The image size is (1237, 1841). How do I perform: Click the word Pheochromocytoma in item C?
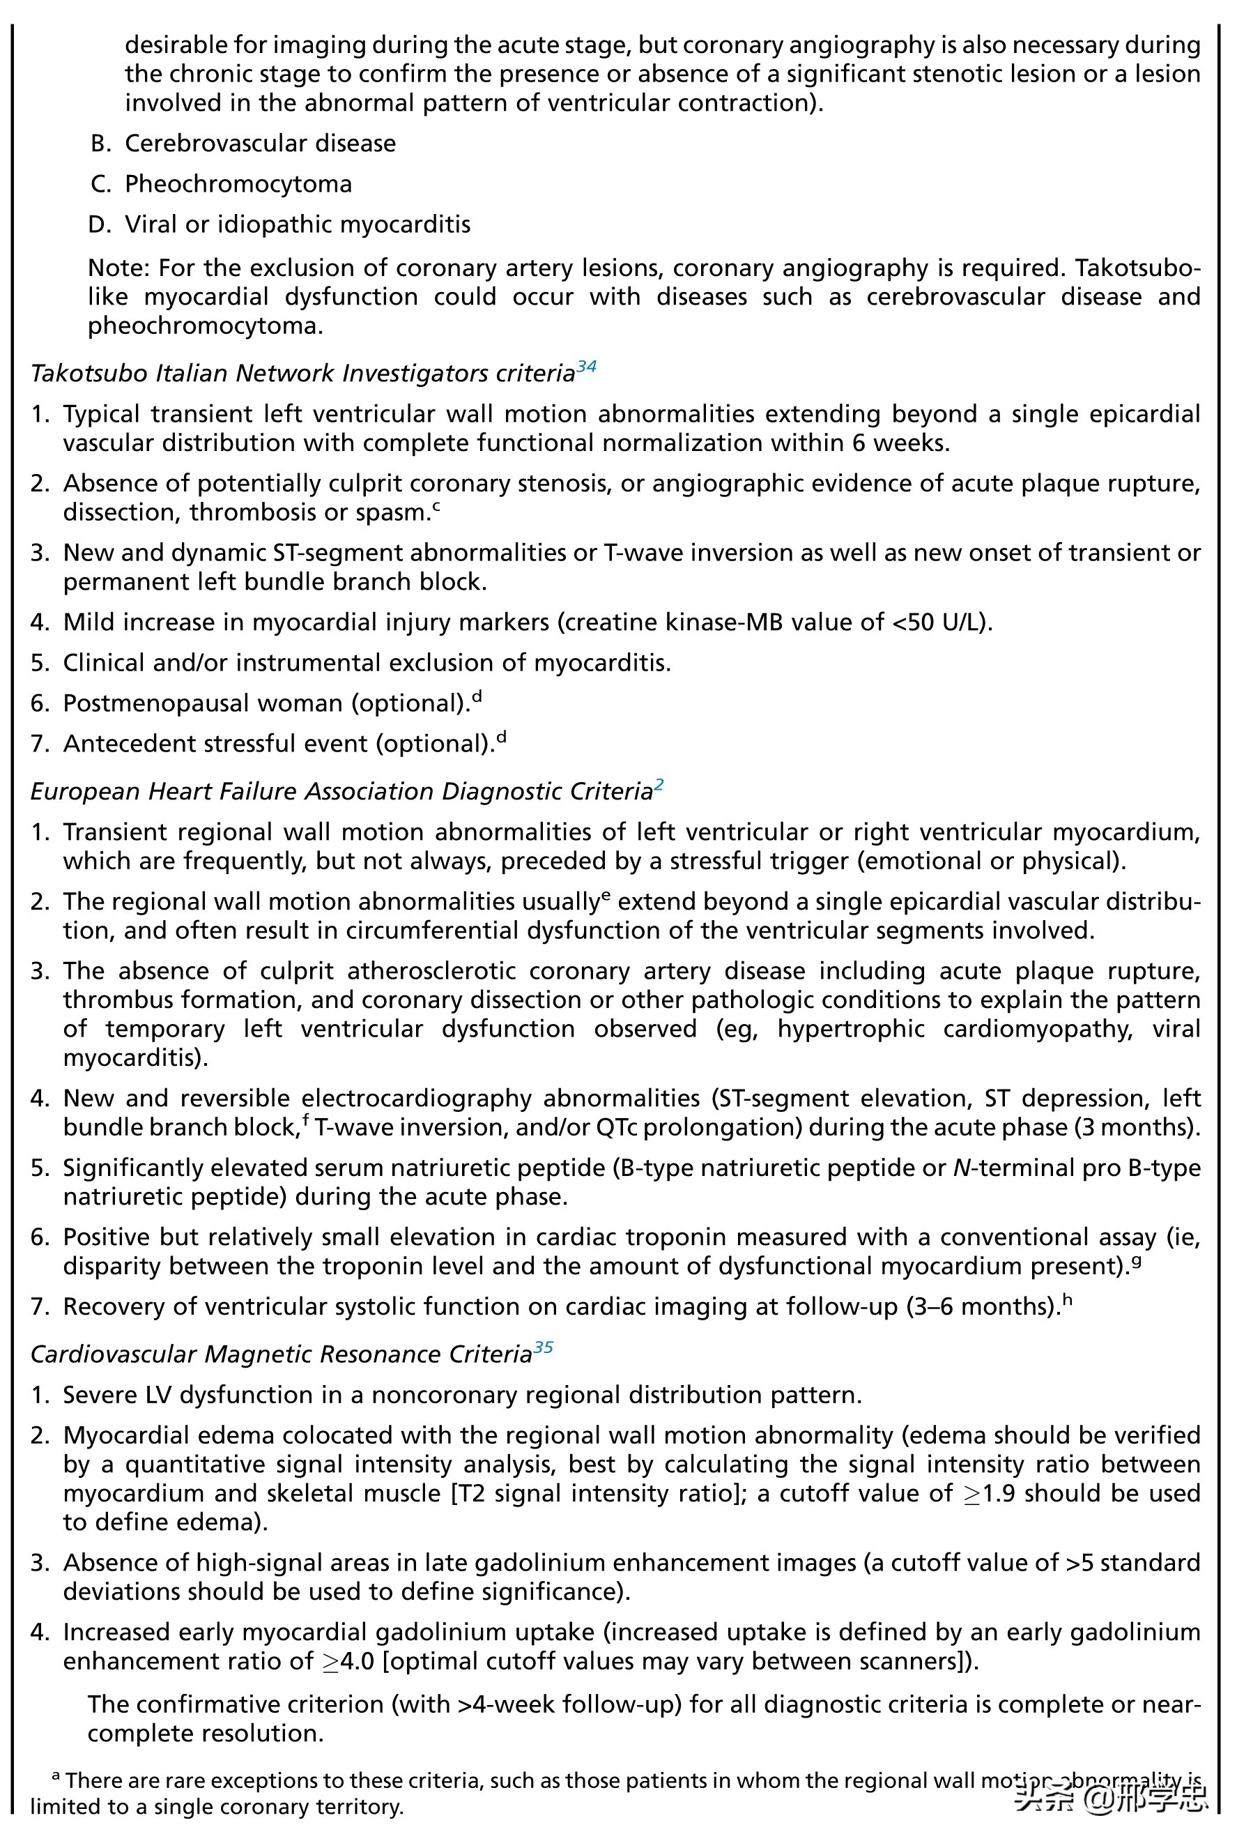(238, 185)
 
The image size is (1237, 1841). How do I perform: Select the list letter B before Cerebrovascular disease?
(100, 144)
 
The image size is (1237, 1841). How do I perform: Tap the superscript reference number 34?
(586, 366)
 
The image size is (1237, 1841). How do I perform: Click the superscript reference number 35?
(543, 1347)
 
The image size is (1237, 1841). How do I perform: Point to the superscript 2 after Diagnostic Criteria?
(659, 784)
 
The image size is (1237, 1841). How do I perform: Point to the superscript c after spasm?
(436, 507)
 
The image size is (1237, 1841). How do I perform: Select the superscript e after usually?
(606, 895)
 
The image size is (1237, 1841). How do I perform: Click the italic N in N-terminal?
(961, 1168)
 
